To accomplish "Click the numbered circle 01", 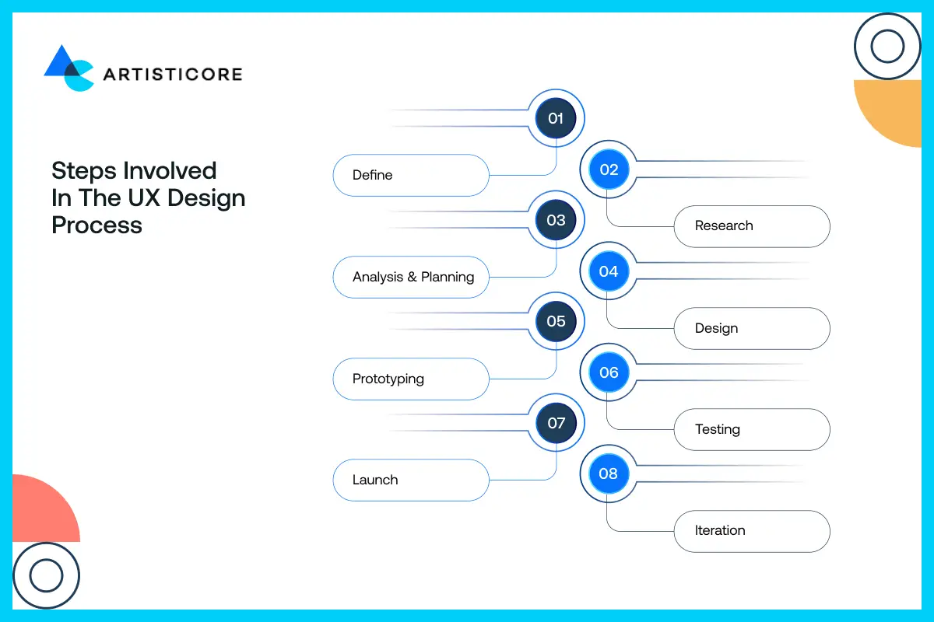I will tap(556, 118).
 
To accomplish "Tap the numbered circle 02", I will tap(609, 169).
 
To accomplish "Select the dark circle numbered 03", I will tap(556, 220).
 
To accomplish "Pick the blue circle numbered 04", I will tap(609, 271).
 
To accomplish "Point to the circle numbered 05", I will tap(556, 321).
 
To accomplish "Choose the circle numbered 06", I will tap(609, 372).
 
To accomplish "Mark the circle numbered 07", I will tap(556, 423).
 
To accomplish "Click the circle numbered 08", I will tap(609, 473).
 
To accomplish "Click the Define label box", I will tap(410, 175).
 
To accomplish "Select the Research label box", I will tap(751, 226).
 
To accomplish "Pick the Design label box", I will tap(751, 328).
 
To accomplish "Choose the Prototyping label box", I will tap(410, 379).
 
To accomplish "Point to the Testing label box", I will tap(751, 429).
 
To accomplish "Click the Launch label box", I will tap(410, 480).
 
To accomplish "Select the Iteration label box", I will tap(751, 531).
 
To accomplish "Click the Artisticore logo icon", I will tap(68, 68).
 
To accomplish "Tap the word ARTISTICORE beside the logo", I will tap(172, 75).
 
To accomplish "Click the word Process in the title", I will tap(97, 225).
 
